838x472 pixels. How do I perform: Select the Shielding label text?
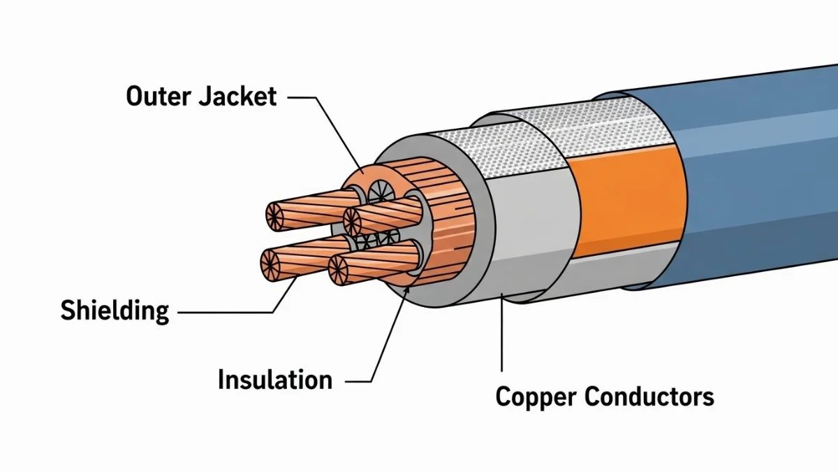pyautogui.click(x=115, y=310)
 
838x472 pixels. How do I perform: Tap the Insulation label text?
pyautogui.click(x=275, y=380)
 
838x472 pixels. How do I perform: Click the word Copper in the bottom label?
pyautogui.click(x=536, y=396)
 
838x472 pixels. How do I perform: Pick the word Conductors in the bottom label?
pyautogui.click(x=649, y=396)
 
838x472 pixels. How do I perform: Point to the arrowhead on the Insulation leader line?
pyautogui.click(x=406, y=291)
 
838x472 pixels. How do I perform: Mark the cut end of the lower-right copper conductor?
pyautogui.click(x=339, y=269)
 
